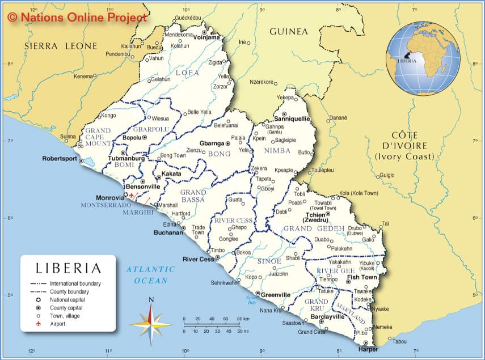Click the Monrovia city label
pyautogui.click(x=110, y=197)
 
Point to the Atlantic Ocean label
pyautogui.click(x=151, y=275)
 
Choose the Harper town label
pyautogui.click(x=368, y=349)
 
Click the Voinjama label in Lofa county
pyautogui.click(x=206, y=38)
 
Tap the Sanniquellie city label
pyautogui.click(x=292, y=119)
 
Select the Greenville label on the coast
pyautogui.click(x=276, y=295)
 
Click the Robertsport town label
pyautogui.click(x=60, y=159)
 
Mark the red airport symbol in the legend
pyautogui.click(x=39, y=324)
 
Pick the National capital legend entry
pyautogui.click(x=65, y=299)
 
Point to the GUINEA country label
pyautogui.click(x=288, y=32)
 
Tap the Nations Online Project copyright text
pyautogui.click(x=78, y=17)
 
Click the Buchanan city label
pyautogui.click(x=168, y=232)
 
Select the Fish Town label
pyautogui.click(x=361, y=277)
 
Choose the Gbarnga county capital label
pyautogui.click(x=212, y=143)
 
